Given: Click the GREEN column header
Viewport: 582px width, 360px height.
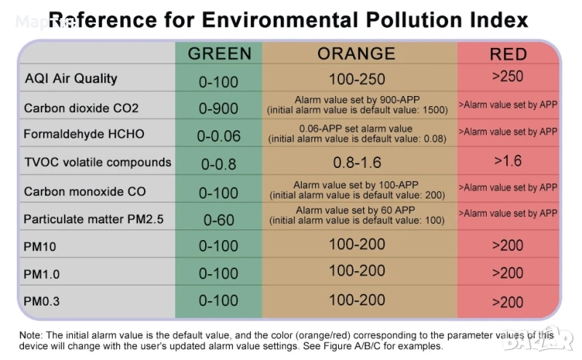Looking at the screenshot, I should (219, 53).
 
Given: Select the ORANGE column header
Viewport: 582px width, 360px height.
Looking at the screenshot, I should (356, 53).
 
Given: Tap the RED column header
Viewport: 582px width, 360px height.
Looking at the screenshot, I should (508, 55).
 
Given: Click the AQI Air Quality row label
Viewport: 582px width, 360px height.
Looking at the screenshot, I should (71, 79).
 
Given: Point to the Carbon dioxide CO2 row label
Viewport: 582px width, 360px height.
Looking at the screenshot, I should (81, 108).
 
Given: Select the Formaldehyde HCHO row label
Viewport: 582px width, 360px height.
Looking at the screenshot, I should (84, 135).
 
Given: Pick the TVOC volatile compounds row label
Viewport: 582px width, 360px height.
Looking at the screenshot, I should (97, 161).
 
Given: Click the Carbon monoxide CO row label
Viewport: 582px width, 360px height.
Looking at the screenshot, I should (85, 192).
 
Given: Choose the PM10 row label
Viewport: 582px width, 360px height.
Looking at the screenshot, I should (40, 247).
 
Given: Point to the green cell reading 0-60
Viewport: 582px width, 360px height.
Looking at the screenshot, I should (218, 220).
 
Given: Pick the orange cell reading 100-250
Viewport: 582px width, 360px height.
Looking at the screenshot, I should (356, 79).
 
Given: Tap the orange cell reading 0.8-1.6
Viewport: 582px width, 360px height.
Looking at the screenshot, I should (356, 161).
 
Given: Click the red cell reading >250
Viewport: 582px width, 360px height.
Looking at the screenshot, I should (508, 76).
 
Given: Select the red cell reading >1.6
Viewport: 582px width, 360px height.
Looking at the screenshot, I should (508, 160).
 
